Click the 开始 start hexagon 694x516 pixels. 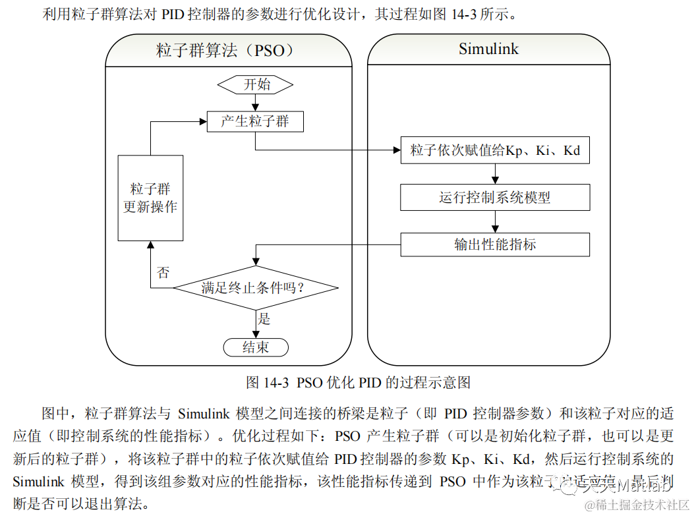click(256, 84)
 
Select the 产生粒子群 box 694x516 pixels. click(256, 121)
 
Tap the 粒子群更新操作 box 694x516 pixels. click(150, 198)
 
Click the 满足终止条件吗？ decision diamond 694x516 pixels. click(256, 288)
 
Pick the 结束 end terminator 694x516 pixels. click(256, 347)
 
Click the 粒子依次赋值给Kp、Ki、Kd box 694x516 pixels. click(495, 150)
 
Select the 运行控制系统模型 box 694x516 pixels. click(495, 197)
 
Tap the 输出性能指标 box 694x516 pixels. click(495, 244)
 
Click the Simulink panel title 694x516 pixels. click(488, 49)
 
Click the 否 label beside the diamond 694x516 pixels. click(163, 272)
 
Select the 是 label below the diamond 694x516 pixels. click(264, 320)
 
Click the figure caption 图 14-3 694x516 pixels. click(358, 382)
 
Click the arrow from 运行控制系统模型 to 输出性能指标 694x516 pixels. click(495, 221)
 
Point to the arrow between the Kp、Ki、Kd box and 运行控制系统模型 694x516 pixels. click(495, 174)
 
